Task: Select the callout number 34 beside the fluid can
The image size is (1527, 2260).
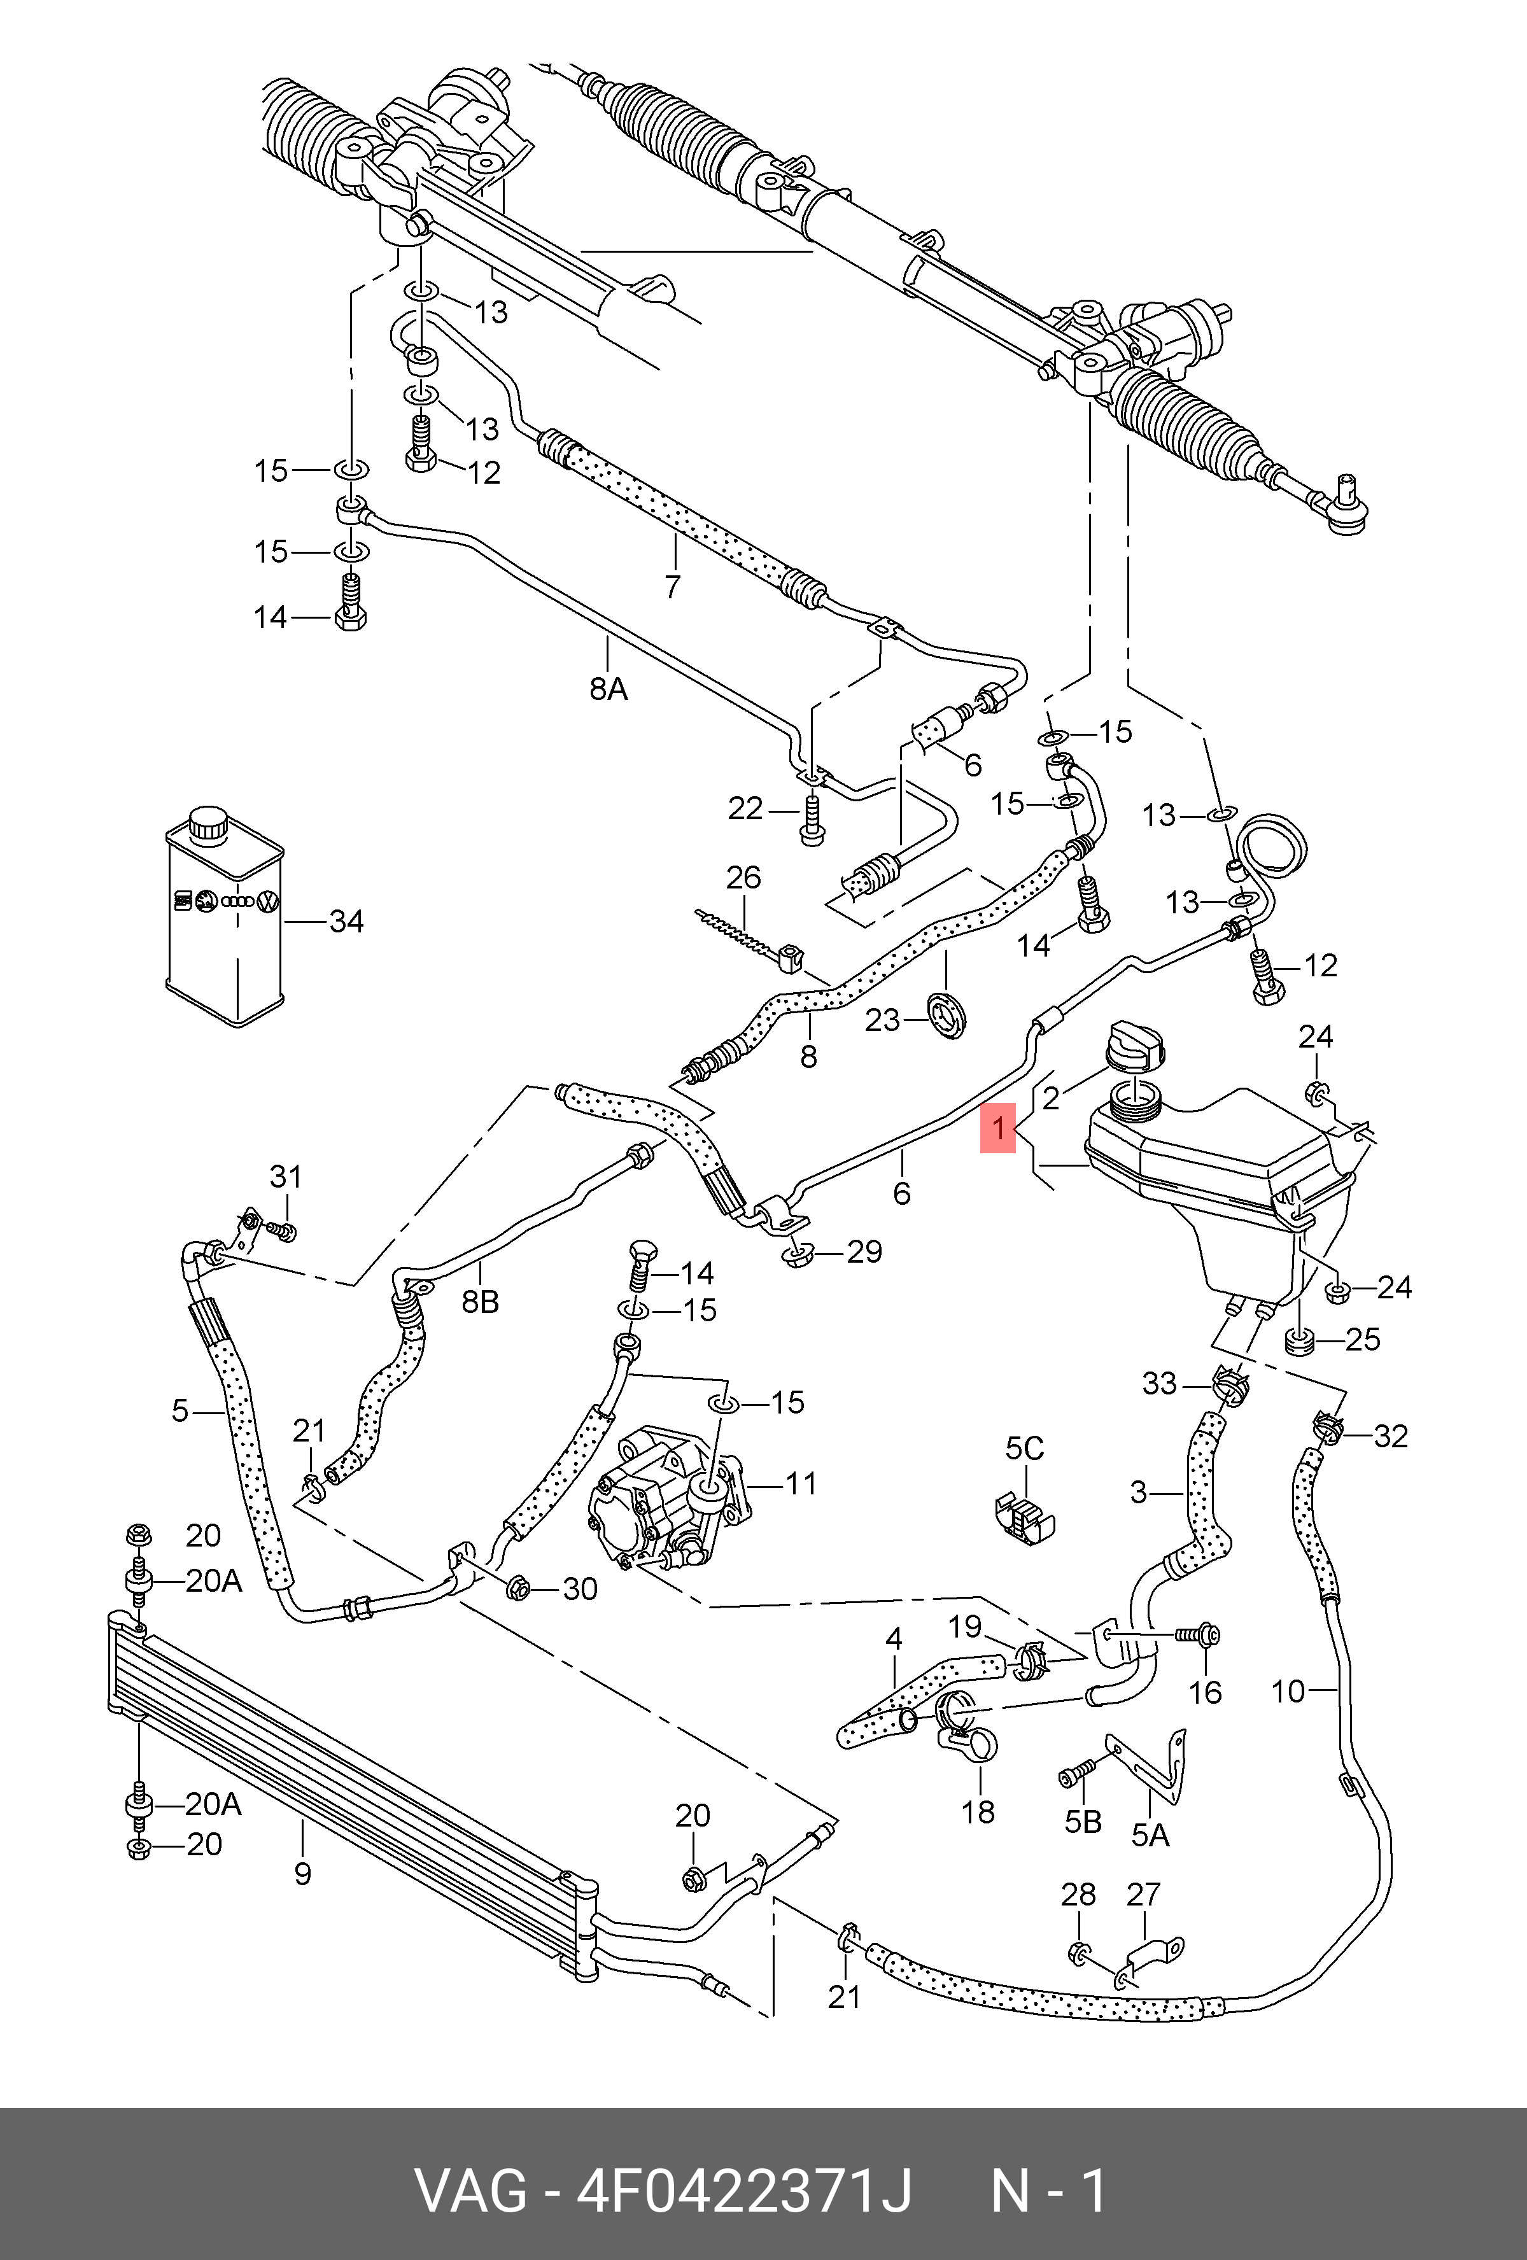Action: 346,921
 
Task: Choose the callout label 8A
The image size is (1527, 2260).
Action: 608,689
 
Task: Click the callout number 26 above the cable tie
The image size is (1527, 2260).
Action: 744,877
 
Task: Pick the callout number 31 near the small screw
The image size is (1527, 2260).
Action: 286,1177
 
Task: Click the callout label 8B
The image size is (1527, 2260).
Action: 479,1301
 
